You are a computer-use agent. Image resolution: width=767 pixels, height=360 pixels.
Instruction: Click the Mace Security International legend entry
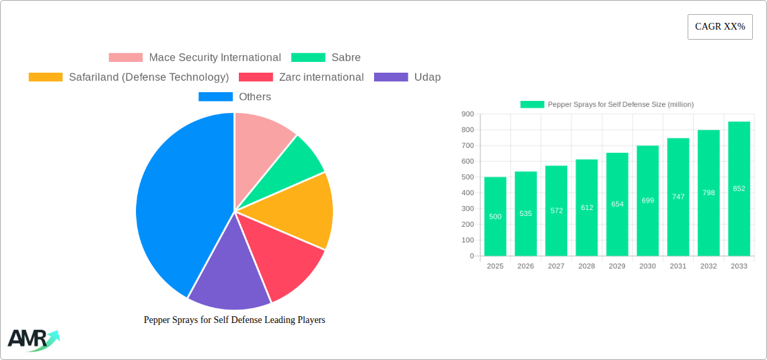tap(195, 58)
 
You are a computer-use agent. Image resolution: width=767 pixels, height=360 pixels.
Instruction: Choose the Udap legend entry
tap(408, 77)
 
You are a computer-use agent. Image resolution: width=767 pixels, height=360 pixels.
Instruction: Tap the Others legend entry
tap(235, 97)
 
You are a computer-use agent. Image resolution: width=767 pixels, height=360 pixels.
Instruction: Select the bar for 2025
tap(495, 216)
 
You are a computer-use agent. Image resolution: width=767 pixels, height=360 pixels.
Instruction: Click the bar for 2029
tap(618, 204)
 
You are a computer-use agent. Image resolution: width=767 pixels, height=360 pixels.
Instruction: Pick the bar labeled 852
tap(739, 188)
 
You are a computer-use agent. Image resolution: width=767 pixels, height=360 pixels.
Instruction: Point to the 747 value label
tap(678, 196)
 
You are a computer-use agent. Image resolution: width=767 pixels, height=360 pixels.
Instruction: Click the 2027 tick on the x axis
tap(556, 266)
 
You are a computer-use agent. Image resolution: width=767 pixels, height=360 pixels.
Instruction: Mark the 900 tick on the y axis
tap(468, 114)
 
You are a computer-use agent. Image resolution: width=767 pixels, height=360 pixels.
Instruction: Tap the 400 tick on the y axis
tap(468, 193)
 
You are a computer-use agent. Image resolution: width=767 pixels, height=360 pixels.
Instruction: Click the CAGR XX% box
tap(720, 27)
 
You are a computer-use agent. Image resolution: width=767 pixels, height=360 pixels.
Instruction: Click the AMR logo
tap(33, 340)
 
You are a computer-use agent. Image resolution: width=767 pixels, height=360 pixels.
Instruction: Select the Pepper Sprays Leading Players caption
tap(234, 320)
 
